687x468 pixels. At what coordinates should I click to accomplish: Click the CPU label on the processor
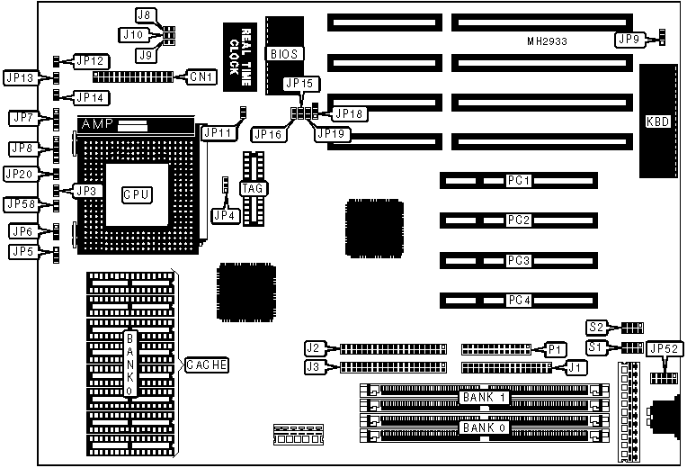click(137, 193)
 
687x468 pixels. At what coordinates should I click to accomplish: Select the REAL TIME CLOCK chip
click(240, 54)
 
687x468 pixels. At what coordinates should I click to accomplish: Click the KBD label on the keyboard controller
click(657, 121)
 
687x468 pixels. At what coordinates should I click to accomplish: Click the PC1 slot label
click(519, 181)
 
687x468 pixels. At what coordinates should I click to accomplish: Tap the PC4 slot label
click(519, 300)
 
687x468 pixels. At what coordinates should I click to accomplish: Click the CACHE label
click(206, 364)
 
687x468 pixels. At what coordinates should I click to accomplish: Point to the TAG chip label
click(252, 188)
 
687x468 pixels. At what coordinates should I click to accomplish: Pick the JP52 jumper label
click(665, 349)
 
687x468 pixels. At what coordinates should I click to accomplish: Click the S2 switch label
click(596, 327)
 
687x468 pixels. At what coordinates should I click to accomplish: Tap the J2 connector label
click(314, 348)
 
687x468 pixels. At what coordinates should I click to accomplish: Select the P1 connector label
click(555, 348)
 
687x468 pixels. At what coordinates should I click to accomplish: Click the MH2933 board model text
click(547, 42)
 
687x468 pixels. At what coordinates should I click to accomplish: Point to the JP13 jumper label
click(20, 77)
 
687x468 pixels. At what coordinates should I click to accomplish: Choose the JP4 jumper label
click(221, 215)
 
